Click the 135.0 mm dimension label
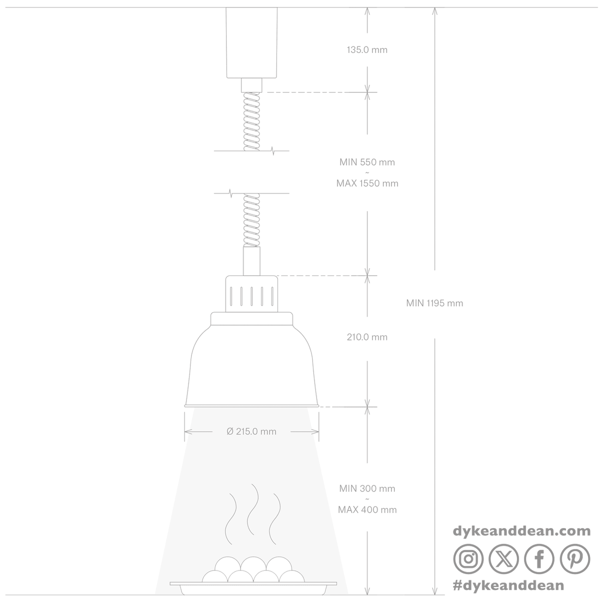[x=367, y=50]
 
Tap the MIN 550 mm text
[x=367, y=162]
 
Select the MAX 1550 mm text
[x=367, y=183]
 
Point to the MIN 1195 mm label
[x=434, y=303]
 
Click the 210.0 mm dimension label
[x=367, y=337]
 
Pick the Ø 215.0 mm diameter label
[x=251, y=431]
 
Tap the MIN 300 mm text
[x=367, y=488]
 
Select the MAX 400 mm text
[x=367, y=509]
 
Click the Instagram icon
[x=468, y=559]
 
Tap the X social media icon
[x=503, y=559]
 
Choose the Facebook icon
[x=539, y=559]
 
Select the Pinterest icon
[x=575, y=559]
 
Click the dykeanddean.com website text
[x=521, y=531]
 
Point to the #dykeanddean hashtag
[x=508, y=585]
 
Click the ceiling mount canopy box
[x=251, y=42]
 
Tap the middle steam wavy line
[x=253, y=509]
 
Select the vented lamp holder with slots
[x=251, y=293]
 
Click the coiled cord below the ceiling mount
[x=251, y=121]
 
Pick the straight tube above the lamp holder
[x=251, y=261]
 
